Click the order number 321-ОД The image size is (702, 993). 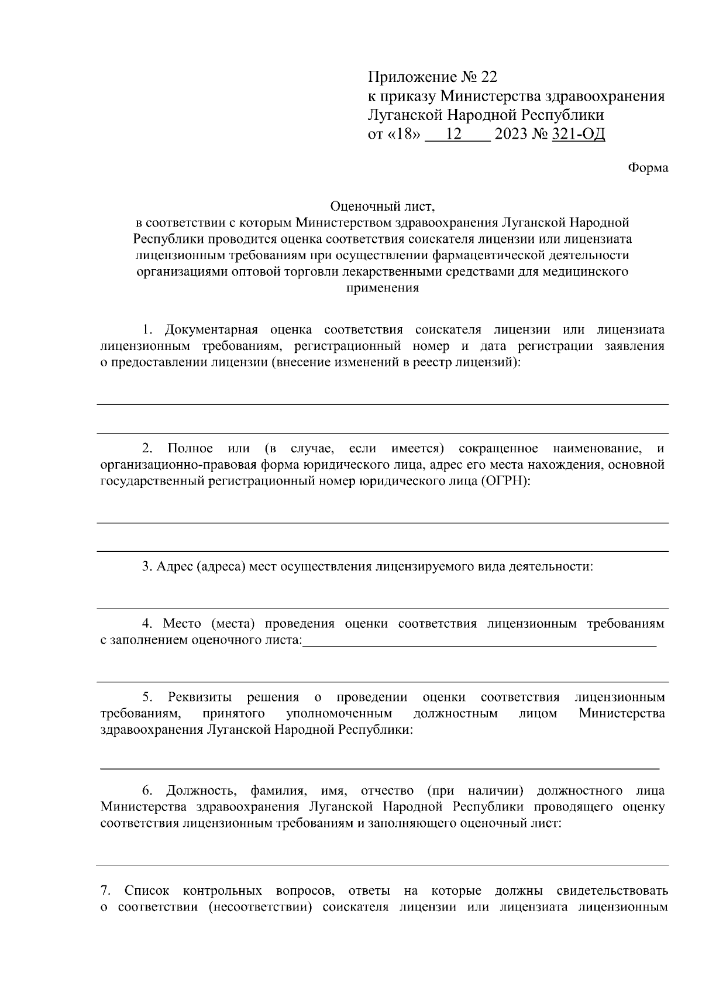[x=578, y=135]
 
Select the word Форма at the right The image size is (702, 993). [x=648, y=168]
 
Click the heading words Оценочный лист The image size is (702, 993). [x=383, y=207]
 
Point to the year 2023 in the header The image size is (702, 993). [x=510, y=135]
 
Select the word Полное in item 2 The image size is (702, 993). [x=190, y=448]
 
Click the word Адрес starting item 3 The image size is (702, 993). [x=174, y=566]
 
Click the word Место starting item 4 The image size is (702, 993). [x=182, y=624]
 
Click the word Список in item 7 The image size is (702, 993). [x=147, y=891]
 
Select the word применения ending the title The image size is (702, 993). [x=383, y=288]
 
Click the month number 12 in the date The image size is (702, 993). [x=454, y=135]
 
